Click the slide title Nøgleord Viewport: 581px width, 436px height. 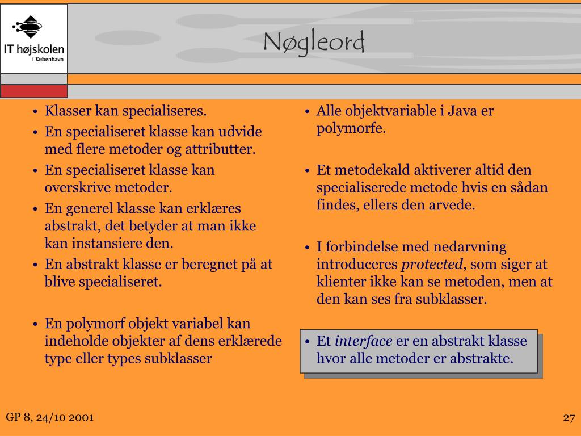[x=314, y=42]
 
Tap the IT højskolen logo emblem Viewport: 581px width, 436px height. [x=27, y=27]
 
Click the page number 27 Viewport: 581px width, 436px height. [x=569, y=418]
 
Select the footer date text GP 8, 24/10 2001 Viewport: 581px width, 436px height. [x=50, y=417]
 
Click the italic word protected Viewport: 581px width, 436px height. [x=432, y=265]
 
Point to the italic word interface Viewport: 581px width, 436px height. [x=363, y=341]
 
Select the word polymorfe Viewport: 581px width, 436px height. [x=351, y=129]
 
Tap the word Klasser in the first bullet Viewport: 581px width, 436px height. [x=68, y=111]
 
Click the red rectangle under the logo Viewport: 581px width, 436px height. [x=33, y=91]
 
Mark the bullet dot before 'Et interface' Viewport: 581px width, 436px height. [x=307, y=341]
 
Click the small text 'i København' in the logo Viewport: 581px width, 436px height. [x=48, y=59]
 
